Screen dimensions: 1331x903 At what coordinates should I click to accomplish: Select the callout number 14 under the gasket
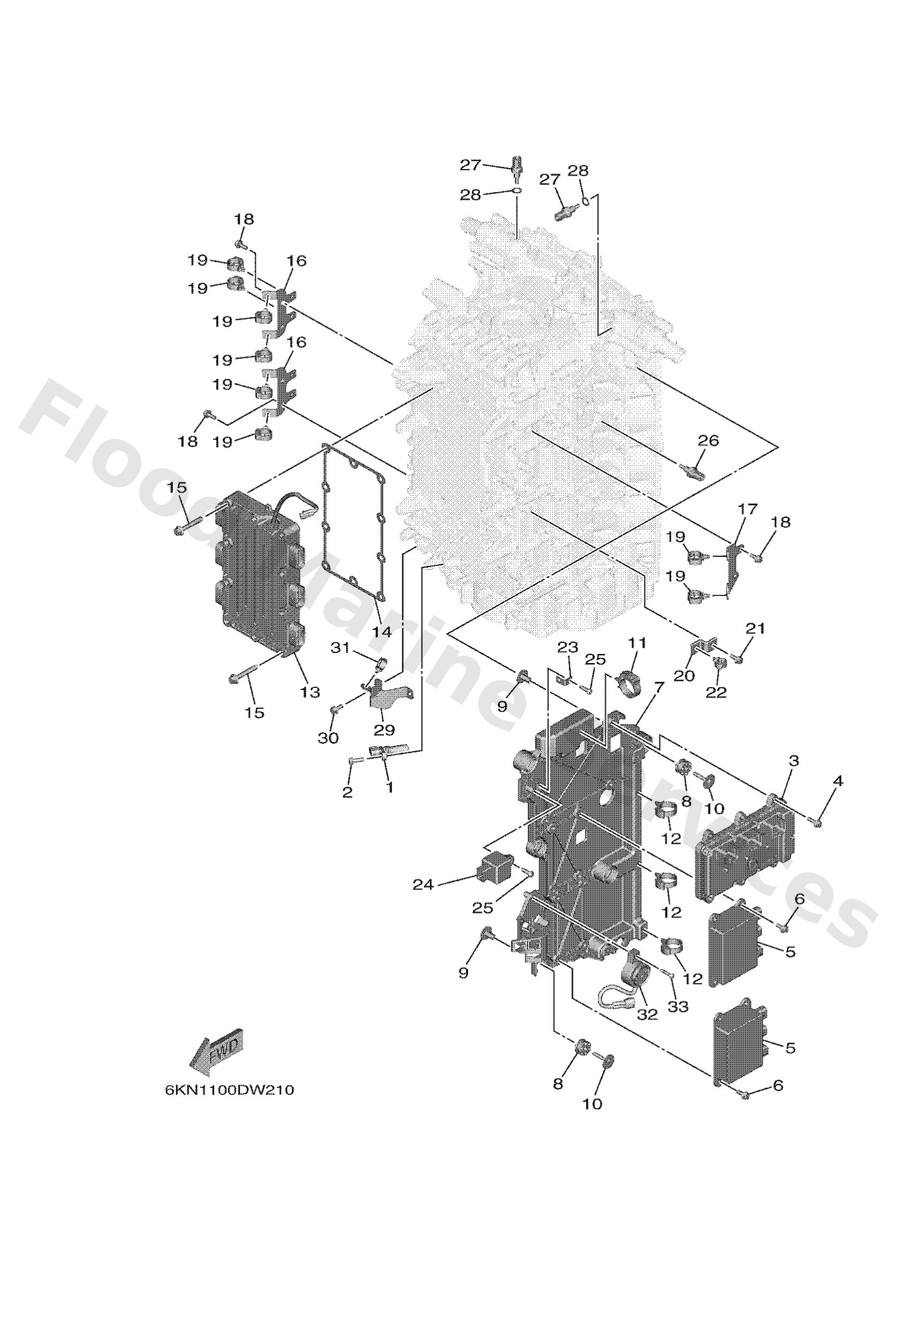point(381,632)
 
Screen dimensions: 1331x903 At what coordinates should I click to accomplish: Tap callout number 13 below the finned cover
point(310,692)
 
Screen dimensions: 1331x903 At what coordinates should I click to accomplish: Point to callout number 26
point(708,440)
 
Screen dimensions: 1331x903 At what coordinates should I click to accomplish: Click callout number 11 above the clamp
point(636,643)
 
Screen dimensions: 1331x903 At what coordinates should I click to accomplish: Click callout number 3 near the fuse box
point(793,761)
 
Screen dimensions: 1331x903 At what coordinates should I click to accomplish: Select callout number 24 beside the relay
point(423,885)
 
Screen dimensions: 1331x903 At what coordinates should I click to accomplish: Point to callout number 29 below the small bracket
point(384,730)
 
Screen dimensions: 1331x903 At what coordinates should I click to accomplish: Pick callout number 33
point(678,1006)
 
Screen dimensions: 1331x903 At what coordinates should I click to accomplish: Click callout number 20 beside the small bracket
point(684,676)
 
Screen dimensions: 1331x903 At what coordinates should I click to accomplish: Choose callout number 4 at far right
point(838,781)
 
